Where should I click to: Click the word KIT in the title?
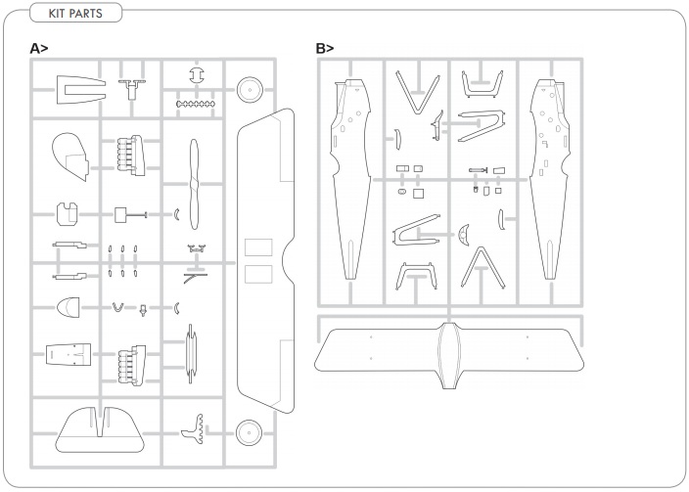[x=57, y=13]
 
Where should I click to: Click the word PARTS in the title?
[x=86, y=13]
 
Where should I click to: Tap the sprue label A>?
[x=39, y=48]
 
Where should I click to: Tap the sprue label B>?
[x=325, y=48]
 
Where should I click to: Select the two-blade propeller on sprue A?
[x=194, y=184]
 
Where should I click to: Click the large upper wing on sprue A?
[x=265, y=261]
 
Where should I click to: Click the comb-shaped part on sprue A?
[x=194, y=428]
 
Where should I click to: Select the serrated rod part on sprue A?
[x=196, y=104]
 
